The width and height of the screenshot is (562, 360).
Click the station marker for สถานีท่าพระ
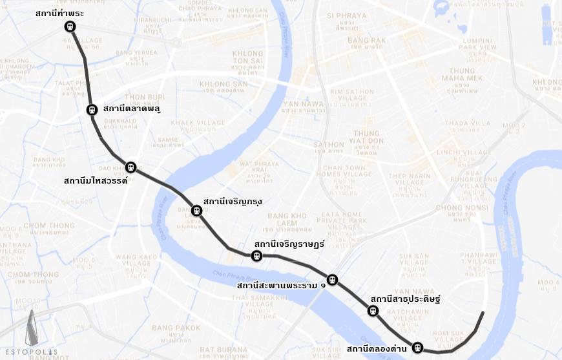click(70, 26)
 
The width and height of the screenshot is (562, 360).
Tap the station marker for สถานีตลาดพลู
click(92, 110)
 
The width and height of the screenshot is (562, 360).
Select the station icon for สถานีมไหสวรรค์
click(131, 167)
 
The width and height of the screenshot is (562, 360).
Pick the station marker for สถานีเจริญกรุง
click(196, 211)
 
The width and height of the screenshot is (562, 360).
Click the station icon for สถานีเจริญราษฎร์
click(256, 255)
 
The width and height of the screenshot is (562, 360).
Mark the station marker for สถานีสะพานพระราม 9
click(332, 280)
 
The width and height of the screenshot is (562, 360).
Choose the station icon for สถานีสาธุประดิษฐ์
click(373, 311)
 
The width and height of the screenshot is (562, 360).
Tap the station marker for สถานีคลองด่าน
click(417, 348)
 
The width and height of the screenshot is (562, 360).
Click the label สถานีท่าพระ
click(59, 14)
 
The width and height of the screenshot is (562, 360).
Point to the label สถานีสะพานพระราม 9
click(281, 285)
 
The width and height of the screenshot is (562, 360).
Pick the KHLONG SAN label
click(223, 84)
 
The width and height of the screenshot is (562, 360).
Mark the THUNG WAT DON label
click(366, 136)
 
